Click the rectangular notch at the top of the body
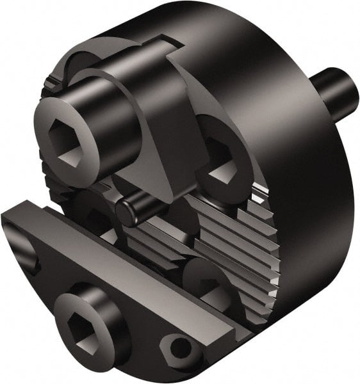pos(160,48)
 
